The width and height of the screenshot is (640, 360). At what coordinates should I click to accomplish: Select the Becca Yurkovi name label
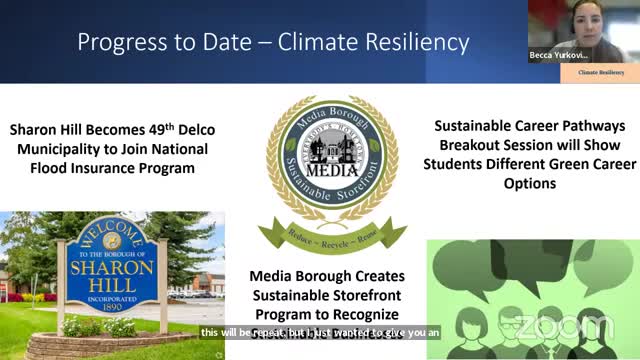pyautogui.click(x=558, y=55)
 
